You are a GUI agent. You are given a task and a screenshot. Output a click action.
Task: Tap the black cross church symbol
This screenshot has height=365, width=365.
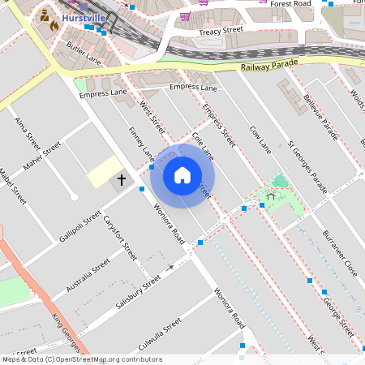122,179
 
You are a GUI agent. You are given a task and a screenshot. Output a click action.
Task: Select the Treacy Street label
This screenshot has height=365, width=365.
221,31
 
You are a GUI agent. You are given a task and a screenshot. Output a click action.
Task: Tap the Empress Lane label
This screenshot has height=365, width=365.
193,87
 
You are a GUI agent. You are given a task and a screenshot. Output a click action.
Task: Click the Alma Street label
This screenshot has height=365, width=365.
27,133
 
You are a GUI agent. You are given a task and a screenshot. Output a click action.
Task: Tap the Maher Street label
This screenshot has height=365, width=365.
42,157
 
